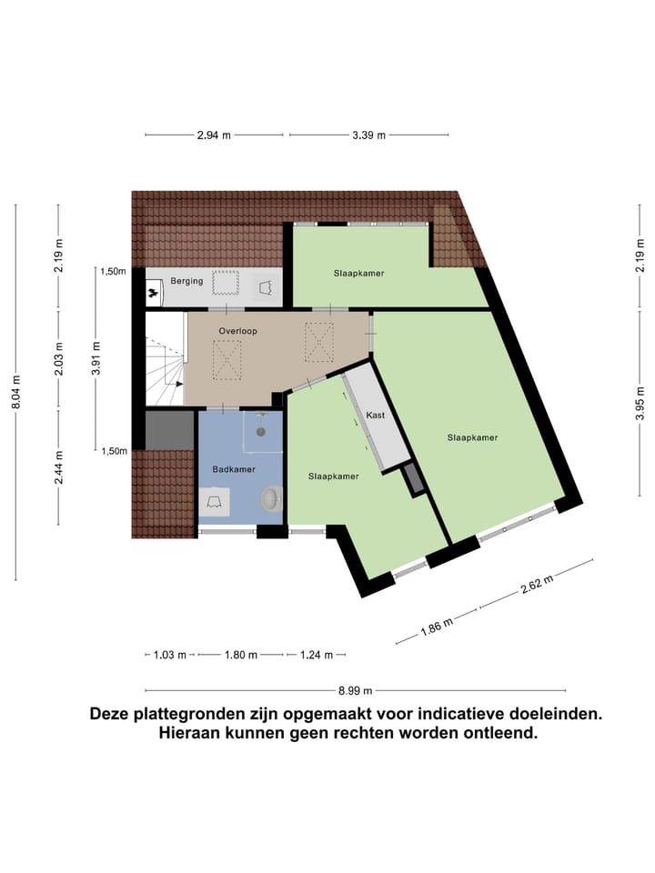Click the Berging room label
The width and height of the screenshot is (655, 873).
[186, 282]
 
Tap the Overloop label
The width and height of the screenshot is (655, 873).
[237, 331]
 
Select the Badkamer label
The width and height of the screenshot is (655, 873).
[234, 469]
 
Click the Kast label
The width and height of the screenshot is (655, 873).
[375, 416]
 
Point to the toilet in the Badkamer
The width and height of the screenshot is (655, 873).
[271, 497]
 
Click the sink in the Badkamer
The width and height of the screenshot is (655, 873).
[216, 500]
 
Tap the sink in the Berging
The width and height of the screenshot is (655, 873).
[266, 286]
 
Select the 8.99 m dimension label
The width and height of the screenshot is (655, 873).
[355, 690]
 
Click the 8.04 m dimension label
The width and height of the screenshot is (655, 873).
[16, 393]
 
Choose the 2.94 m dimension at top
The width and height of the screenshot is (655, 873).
[214, 135]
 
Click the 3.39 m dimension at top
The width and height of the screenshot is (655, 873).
[369, 135]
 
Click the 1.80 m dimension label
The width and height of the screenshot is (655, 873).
[241, 655]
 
